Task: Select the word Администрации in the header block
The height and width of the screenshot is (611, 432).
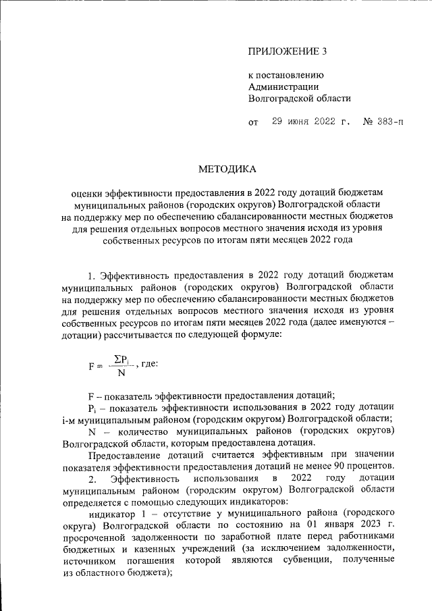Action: (284, 86)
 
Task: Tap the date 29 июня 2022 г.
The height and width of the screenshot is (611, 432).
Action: (312, 122)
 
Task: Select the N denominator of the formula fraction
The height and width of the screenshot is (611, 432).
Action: (120, 373)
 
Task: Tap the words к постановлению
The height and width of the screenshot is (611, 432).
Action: (287, 75)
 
